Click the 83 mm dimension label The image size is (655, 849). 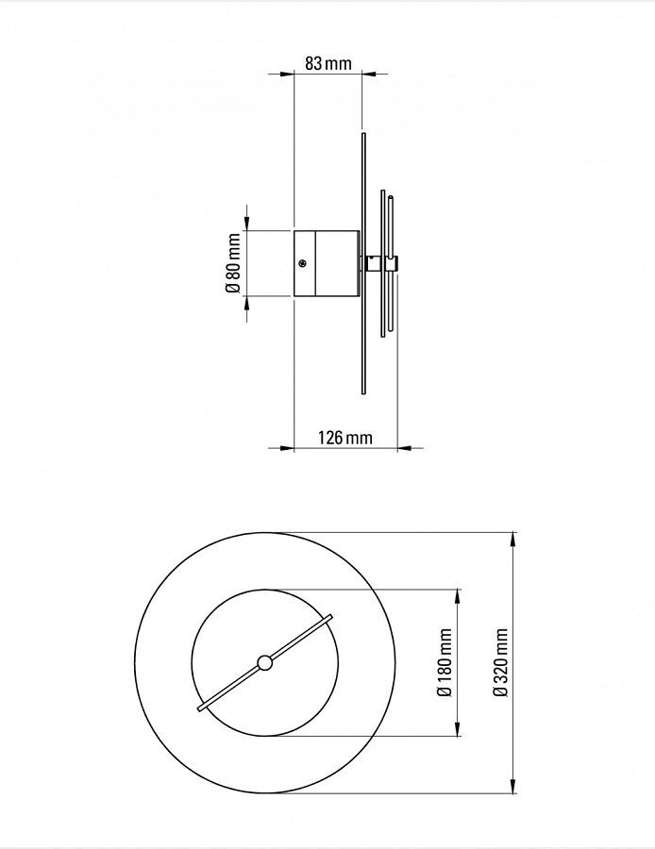pyautogui.click(x=328, y=63)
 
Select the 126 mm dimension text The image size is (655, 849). pyautogui.click(x=345, y=437)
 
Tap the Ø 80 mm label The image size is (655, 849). pyautogui.click(x=232, y=263)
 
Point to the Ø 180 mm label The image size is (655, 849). pyautogui.click(x=445, y=663)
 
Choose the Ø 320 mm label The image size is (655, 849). pyautogui.click(x=501, y=663)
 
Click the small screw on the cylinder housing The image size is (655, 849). pyautogui.click(x=302, y=264)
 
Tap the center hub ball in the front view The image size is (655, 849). pyautogui.click(x=265, y=663)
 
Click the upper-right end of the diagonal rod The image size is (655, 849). pyautogui.click(x=330, y=618)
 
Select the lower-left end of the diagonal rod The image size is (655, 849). pyautogui.click(x=200, y=707)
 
